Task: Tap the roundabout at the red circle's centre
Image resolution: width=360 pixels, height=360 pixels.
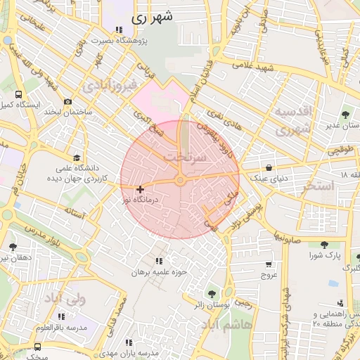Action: pos(180,181)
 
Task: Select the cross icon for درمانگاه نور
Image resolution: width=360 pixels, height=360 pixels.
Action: pos(141,188)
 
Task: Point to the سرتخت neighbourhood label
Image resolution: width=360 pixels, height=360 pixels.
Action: pos(186,157)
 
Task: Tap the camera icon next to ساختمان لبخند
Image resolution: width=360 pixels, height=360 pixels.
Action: pos(67,102)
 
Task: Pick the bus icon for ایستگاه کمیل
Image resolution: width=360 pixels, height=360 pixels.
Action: pos(18,94)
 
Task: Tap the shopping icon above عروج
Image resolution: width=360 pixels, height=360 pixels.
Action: pos(269,264)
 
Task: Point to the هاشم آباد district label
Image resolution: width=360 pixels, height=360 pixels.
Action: pos(222,326)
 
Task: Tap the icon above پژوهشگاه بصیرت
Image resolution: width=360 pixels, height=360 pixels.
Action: pos(119,30)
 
